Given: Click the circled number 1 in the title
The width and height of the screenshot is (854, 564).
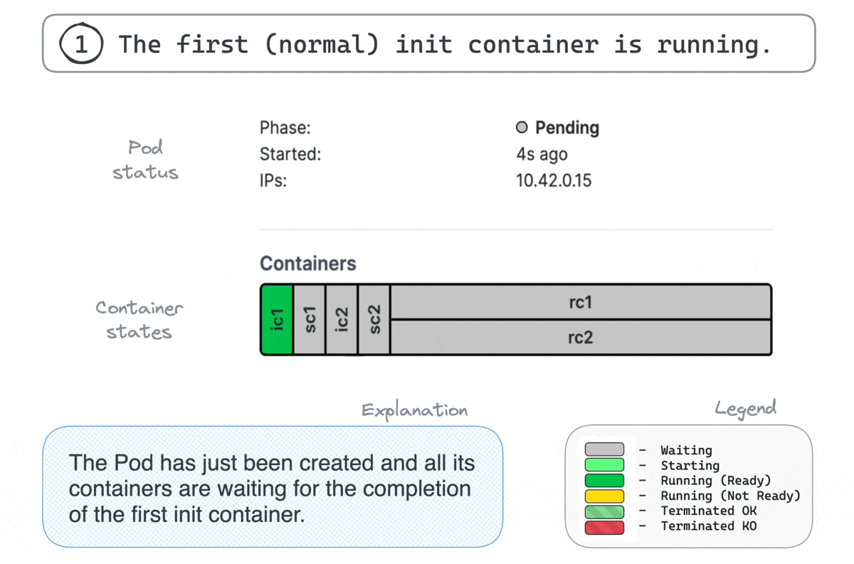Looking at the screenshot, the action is click(x=81, y=43).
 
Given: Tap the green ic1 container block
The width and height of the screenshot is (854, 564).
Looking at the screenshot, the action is click(x=277, y=320).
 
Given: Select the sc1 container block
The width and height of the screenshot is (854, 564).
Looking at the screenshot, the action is click(x=309, y=320).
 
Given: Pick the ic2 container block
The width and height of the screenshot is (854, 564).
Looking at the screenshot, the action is click(x=342, y=320).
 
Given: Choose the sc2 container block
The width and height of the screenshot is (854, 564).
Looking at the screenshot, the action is click(x=374, y=320).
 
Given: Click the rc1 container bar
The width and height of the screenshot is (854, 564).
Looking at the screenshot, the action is click(x=581, y=302).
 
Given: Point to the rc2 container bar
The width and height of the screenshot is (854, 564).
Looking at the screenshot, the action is click(x=581, y=338).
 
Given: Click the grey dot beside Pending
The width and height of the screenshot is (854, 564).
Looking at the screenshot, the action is click(x=522, y=127).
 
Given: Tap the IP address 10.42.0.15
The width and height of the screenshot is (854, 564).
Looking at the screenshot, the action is click(x=554, y=180).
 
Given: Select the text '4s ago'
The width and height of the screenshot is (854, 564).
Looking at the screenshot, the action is click(x=542, y=154).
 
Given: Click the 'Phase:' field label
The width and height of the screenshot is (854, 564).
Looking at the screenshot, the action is click(x=285, y=127).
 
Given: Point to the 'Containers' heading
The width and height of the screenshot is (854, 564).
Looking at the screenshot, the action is click(x=308, y=263).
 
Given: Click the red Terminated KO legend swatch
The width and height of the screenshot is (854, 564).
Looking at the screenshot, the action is click(x=604, y=528).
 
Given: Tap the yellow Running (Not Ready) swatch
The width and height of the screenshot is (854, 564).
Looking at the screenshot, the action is click(x=604, y=496).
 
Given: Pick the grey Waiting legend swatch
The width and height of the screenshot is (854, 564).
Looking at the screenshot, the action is click(x=604, y=449).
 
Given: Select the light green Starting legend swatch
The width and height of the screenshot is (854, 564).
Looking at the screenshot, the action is click(x=604, y=465).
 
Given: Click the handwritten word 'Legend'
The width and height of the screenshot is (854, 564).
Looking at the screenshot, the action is click(x=745, y=408).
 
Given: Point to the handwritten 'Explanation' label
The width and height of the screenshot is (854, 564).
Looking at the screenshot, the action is click(x=414, y=411).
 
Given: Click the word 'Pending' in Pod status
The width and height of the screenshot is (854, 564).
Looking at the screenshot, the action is click(x=567, y=127).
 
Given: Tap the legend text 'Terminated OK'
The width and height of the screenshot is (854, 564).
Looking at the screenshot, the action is click(x=709, y=511).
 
